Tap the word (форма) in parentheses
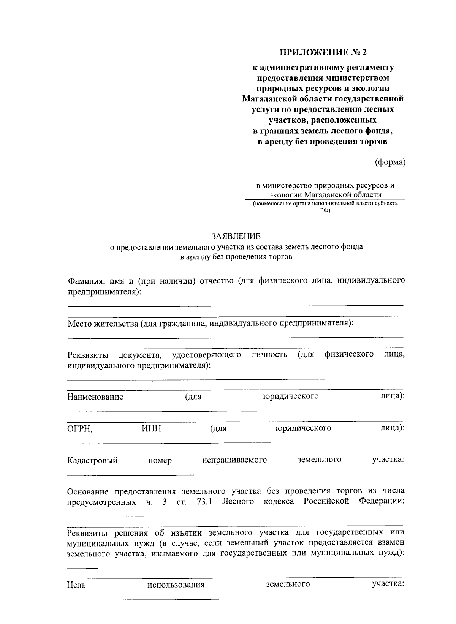point(390,163)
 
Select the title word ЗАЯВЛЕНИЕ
point(236,236)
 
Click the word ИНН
point(151,428)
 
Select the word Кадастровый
point(92,460)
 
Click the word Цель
point(76,585)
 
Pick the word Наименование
point(95,397)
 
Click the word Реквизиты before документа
point(87,355)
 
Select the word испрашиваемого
point(234,460)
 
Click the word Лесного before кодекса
point(238,502)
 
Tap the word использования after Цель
point(176,585)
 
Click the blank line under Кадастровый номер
point(130,474)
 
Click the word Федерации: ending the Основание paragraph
point(381,502)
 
